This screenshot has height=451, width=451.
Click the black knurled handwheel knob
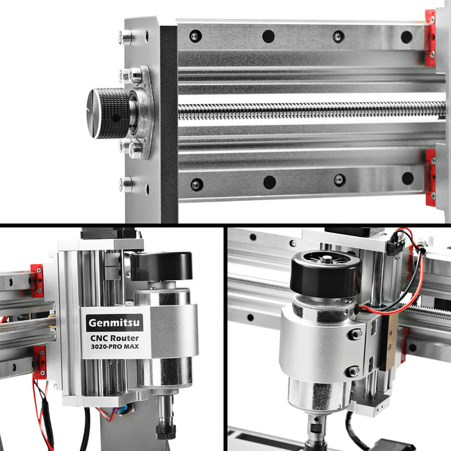pyautogui.click(x=108, y=113)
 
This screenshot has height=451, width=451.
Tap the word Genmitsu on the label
pyautogui.click(x=115, y=322)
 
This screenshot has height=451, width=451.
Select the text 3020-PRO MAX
pyautogui.click(x=115, y=347)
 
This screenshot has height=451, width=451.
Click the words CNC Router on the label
pyautogui.click(x=115, y=338)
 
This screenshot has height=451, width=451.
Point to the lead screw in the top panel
pyautogui.click(x=312, y=110)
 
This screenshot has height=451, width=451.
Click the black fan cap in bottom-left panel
pyautogui.click(x=161, y=266)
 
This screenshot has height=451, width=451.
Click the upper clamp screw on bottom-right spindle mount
pyautogui.click(x=355, y=334)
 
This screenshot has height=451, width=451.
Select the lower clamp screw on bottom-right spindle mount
pyautogui.click(x=352, y=371)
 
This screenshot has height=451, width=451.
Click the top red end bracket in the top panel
pyautogui.click(x=430, y=38)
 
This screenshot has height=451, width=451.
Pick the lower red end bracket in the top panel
pyautogui.click(x=431, y=177)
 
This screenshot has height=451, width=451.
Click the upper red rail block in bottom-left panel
pyautogui.click(x=37, y=281)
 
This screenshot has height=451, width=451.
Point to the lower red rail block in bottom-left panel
pyautogui.click(x=40, y=363)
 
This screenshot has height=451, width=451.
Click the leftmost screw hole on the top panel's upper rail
pyautogui.click(x=195, y=36)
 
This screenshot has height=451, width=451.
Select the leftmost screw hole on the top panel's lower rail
pyautogui.click(x=197, y=184)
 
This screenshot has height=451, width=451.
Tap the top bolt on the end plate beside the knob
pyautogui.click(x=126, y=38)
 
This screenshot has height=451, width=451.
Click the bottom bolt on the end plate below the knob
pyautogui.click(x=126, y=184)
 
